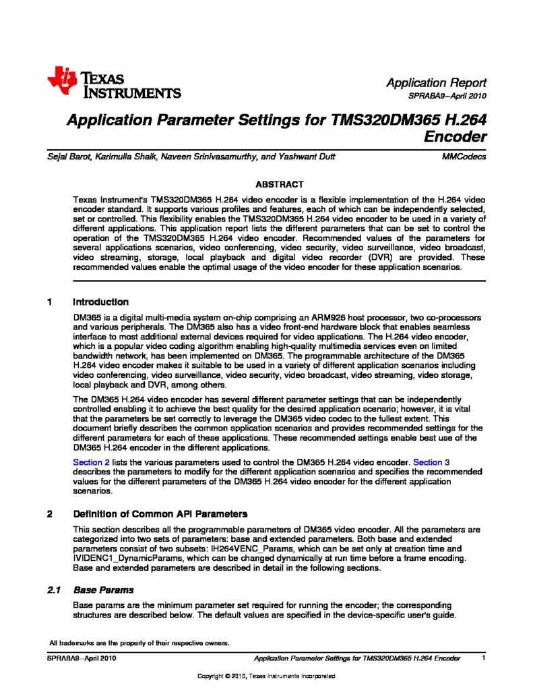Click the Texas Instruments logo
click(x=113, y=83)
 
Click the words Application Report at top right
click(x=436, y=82)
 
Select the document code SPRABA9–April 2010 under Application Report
click(x=447, y=96)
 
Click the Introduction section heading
click(x=100, y=302)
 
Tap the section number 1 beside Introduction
click(x=50, y=302)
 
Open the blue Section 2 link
click(x=90, y=462)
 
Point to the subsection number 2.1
click(x=54, y=590)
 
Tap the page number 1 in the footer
click(x=484, y=657)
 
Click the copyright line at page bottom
click(x=266, y=676)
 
